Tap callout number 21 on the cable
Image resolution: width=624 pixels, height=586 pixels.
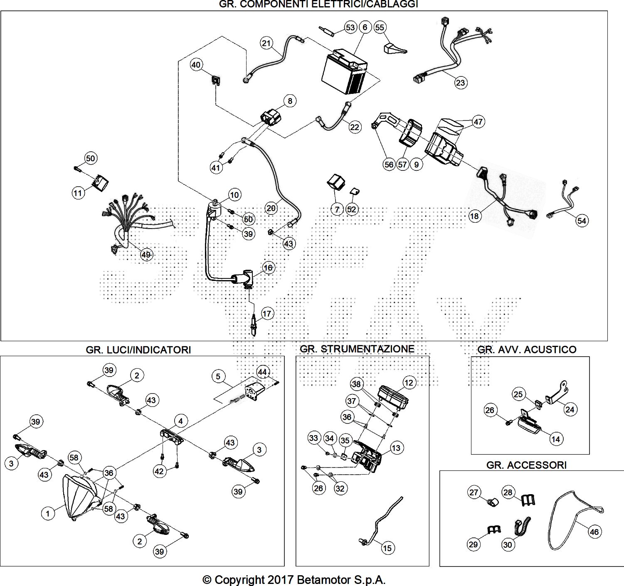tap(266, 43)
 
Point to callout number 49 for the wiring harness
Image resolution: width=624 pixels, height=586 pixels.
tap(146, 255)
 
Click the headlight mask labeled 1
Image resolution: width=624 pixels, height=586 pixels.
tap(81, 497)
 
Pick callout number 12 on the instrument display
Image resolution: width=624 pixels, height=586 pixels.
tap(409, 382)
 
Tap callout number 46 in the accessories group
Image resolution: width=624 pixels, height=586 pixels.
tap(595, 532)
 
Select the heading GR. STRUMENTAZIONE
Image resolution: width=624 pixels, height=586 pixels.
tap(357, 349)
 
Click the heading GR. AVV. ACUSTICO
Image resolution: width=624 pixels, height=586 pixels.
tap(527, 350)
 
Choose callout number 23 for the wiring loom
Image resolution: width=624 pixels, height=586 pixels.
tap(460, 82)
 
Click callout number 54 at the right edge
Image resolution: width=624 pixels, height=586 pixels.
tap(582, 220)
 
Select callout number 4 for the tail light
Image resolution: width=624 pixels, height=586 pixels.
tap(180, 421)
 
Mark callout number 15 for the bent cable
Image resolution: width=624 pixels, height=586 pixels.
tap(387, 548)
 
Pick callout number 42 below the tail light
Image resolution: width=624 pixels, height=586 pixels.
tap(159, 471)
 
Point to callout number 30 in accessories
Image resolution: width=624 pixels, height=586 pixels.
tap(508, 544)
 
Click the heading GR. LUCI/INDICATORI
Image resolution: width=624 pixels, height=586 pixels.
tap(138, 350)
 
